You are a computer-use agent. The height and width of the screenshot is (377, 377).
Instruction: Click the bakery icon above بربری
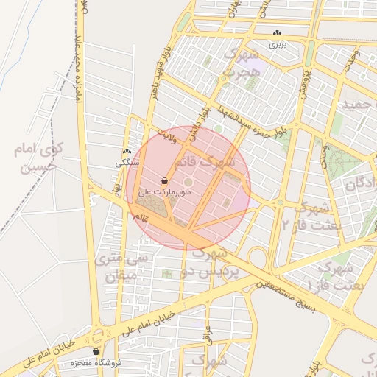pyautogui.click(x=277, y=33)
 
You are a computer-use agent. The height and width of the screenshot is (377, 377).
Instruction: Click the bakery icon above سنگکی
pyautogui.click(x=127, y=152)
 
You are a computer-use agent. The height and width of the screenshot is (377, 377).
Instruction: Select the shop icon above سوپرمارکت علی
pyautogui.click(x=164, y=180)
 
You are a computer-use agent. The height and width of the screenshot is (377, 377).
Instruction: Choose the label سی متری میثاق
pyautogui.click(x=122, y=268)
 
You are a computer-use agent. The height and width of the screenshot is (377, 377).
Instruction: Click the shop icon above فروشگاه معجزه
pyautogui.click(x=96, y=352)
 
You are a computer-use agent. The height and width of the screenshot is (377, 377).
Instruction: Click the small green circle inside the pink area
pyautogui.click(x=188, y=182)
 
